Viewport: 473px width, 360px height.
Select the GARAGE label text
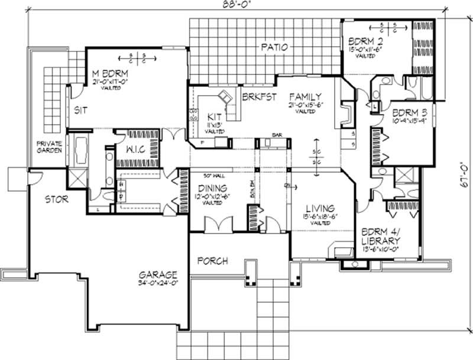tap(158, 275)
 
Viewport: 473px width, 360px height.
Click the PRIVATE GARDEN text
tap(50, 147)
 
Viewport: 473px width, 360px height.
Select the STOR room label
tap(56, 200)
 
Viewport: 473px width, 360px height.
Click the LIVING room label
tap(320, 209)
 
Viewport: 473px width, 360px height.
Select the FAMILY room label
tap(305, 97)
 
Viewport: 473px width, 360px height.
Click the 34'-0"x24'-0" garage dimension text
tap(158, 284)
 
